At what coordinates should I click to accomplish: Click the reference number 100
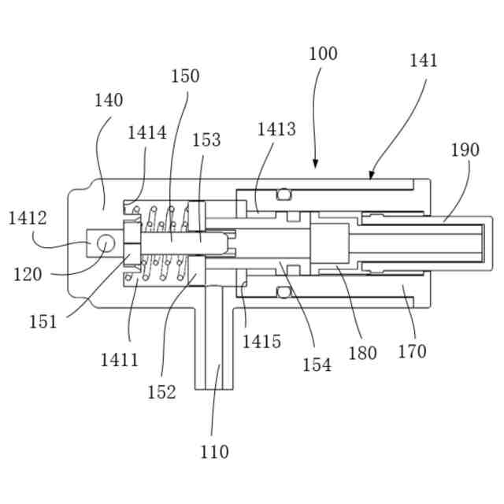click(x=323, y=54)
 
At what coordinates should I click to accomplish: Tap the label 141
click(x=424, y=61)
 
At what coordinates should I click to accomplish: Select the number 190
click(x=465, y=150)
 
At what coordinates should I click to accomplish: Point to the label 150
click(x=185, y=76)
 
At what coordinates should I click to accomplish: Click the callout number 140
click(x=109, y=101)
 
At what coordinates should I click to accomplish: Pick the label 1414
click(x=147, y=132)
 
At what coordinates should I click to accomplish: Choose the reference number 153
click(x=206, y=140)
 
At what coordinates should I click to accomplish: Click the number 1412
click(x=28, y=218)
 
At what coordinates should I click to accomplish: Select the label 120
click(x=28, y=274)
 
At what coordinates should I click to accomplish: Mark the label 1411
click(x=119, y=360)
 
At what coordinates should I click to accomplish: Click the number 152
click(x=161, y=391)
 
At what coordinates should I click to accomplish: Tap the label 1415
click(x=261, y=341)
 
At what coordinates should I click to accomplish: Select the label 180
click(x=362, y=353)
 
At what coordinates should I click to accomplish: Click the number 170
click(x=411, y=351)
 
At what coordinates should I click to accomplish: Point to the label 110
click(x=214, y=452)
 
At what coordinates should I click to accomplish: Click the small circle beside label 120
click(x=102, y=247)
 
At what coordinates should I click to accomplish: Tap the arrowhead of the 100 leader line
click(x=315, y=165)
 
